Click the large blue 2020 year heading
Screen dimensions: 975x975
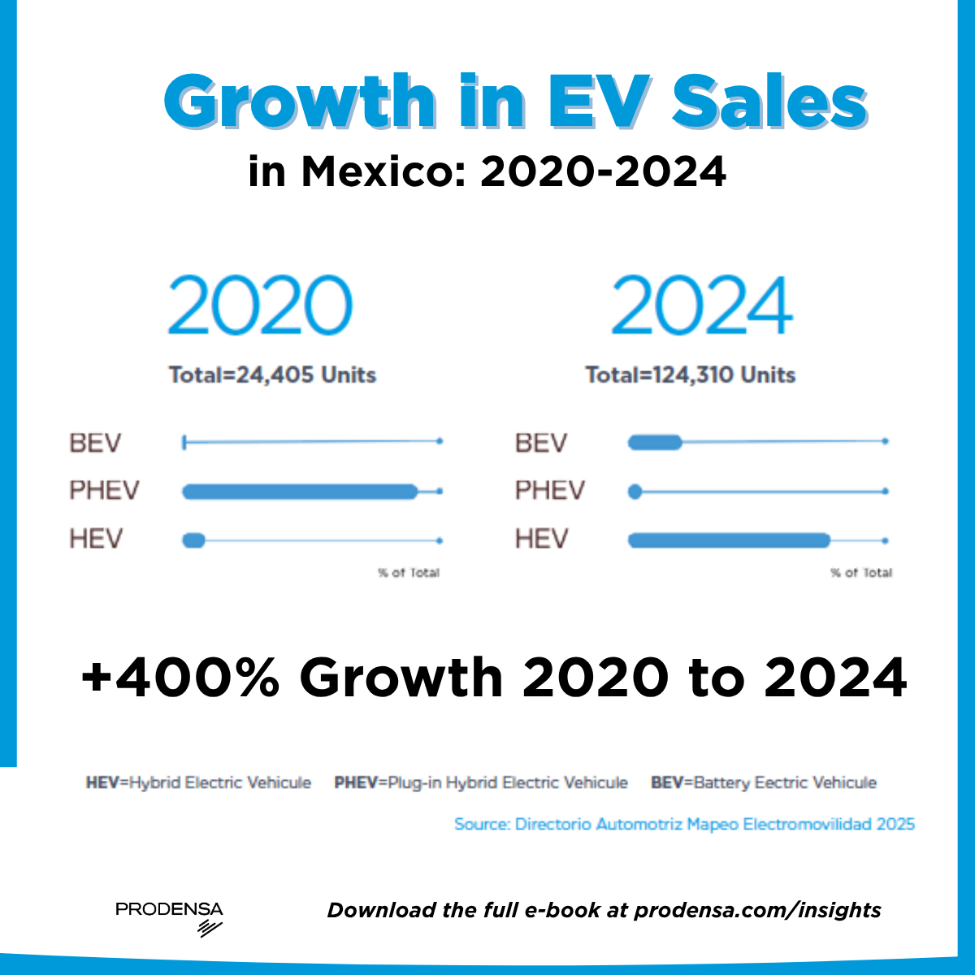(x=260, y=305)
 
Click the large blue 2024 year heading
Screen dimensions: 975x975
(x=702, y=305)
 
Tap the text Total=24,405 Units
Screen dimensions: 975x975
(x=272, y=375)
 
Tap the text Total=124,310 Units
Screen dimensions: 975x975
(x=690, y=375)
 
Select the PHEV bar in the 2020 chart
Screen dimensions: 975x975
(x=299, y=492)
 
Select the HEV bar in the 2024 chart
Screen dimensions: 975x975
(x=729, y=540)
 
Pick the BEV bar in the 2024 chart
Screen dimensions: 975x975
(x=655, y=442)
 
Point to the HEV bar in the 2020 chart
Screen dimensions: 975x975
(x=193, y=540)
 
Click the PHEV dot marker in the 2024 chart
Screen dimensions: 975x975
(x=635, y=492)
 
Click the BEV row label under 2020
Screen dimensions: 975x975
(x=95, y=444)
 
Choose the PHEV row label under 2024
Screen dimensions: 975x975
(x=549, y=491)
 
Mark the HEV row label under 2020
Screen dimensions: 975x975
(x=95, y=539)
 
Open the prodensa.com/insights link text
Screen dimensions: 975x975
(x=757, y=910)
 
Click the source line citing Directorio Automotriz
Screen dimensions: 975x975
(x=684, y=824)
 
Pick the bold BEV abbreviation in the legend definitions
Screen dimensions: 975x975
(x=667, y=783)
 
